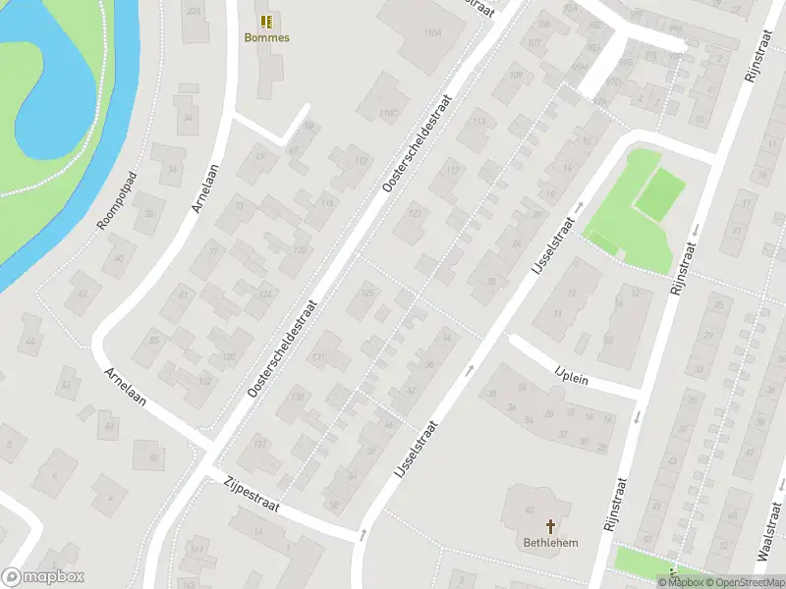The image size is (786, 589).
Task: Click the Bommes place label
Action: click(x=266, y=38)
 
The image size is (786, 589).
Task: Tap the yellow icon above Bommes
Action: click(x=266, y=21)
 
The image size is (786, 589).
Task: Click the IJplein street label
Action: click(x=571, y=375)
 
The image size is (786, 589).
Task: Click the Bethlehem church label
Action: click(x=549, y=543)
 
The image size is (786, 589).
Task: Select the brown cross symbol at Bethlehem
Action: click(x=549, y=526)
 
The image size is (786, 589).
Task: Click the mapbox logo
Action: click(x=43, y=577)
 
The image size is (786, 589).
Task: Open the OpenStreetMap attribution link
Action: click(x=742, y=582)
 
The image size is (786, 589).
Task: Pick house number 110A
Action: click(x=433, y=32)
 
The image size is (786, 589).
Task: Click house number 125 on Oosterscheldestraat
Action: click(x=367, y=294)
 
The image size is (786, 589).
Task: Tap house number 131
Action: click(x=317, y=357)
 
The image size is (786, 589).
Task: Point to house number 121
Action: click(x=415, y=213)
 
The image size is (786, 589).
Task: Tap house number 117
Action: click(x=453, y=170)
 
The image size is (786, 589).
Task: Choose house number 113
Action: click(x=478, y=122)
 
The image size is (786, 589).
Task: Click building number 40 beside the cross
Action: click(x=531, y=509)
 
